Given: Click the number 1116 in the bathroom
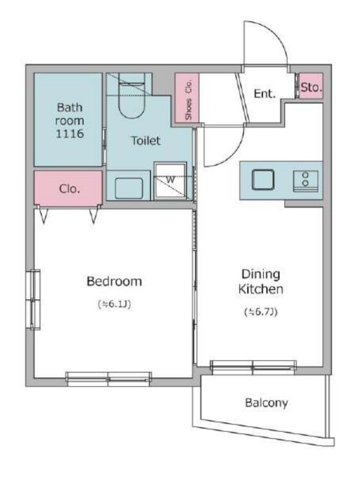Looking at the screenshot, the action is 69,134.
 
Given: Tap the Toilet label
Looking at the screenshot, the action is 146,141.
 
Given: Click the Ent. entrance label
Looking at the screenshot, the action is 265,93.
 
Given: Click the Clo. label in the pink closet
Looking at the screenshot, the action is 69,189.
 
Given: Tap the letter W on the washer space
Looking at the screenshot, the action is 170,180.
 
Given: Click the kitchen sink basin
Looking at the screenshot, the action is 263,180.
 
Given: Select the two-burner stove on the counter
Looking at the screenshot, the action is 305,181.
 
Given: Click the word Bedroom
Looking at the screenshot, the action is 114,281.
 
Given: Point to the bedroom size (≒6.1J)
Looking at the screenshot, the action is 114,304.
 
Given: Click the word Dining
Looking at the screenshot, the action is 260,274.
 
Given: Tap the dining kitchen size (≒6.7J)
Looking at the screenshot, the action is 261,312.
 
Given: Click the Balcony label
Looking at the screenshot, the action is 267,403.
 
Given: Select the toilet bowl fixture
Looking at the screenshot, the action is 131,95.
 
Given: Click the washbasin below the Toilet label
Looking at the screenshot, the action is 129,189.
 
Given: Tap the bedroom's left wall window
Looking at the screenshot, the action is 33,300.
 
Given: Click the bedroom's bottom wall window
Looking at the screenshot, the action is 108,379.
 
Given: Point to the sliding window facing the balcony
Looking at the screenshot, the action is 253,368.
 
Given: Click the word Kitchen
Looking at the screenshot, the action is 260,289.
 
